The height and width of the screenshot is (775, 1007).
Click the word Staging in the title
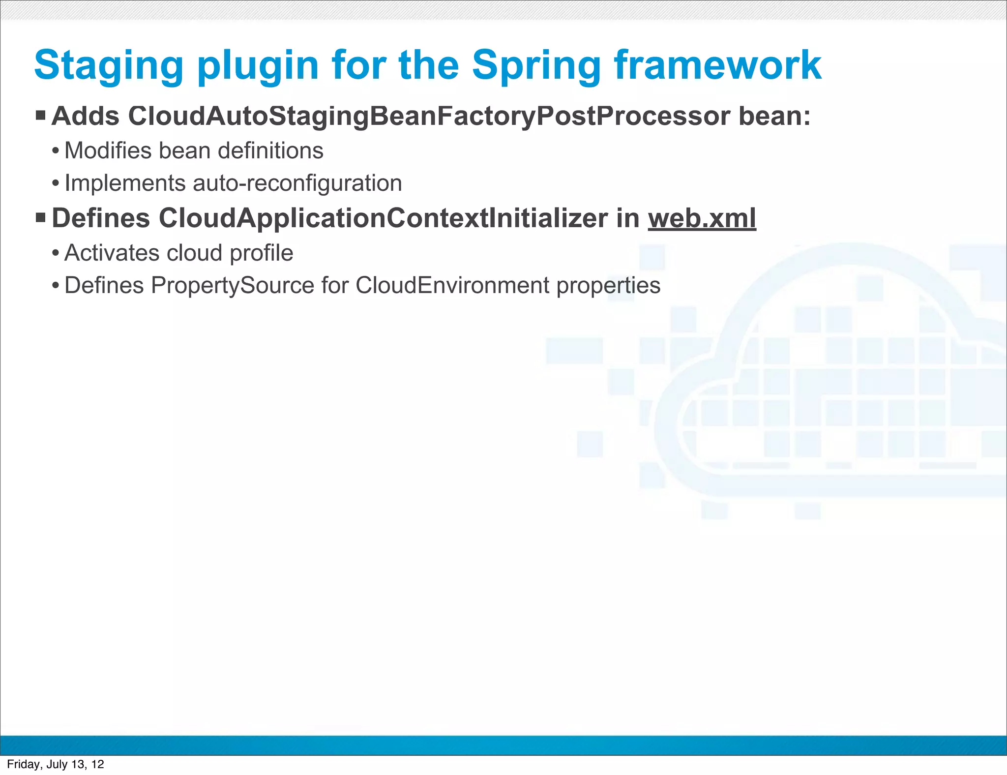pyautogui.click(x=109, y=66)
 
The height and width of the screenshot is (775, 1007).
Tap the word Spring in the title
pyautogui.click(x=536, y=66)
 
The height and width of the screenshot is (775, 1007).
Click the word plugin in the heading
pyautogui.click(x=258, y=66)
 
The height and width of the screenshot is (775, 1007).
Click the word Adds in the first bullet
pyautogui.click(x=86, y=117)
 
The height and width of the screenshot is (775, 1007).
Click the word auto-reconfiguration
pyautogui.click(x=297, y=183)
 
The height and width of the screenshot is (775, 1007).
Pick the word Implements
pyautogui.click(x=125, y=183)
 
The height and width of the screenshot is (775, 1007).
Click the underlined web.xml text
pyautogui.click(x=702, y=218)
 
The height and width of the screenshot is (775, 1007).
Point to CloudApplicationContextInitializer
pyautogui.click(x=383, y=218)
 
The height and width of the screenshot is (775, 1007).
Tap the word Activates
pyautogui.click(x=112, y=253)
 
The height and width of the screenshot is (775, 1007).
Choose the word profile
pyautogui.click(x=261, y=253)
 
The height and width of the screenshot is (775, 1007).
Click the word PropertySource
pyautogui.click(x=232, y=286)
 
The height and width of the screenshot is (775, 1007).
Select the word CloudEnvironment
pyautogui.click(x=452, y=286)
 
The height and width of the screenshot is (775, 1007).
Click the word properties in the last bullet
pyautogui.click(x=608, y=286)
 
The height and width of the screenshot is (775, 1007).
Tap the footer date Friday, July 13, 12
pyautogui.click(x=56, y=764)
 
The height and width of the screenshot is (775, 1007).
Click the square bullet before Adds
pyautogui.click(x=41, y=116)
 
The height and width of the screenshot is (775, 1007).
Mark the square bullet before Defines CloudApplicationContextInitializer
pyautogui.click(x=41, y=217)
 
